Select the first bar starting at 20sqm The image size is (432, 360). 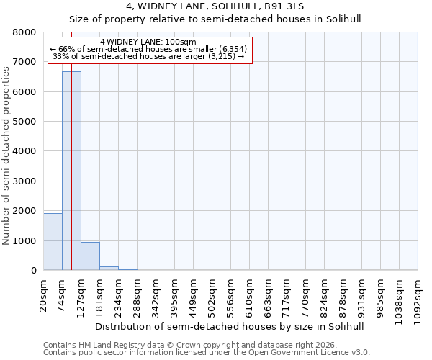53,242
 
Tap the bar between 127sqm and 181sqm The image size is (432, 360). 90,256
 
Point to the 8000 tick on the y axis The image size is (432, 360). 27,32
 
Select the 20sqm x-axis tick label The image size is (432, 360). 44,294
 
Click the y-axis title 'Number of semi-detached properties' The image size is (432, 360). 6,152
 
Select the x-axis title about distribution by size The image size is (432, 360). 230,326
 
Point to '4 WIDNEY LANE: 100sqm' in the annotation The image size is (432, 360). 148,42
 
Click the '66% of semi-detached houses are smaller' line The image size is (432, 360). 148,50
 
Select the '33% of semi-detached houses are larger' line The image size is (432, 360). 148,57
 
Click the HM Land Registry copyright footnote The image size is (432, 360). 187,345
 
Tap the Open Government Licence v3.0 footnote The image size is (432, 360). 207,353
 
